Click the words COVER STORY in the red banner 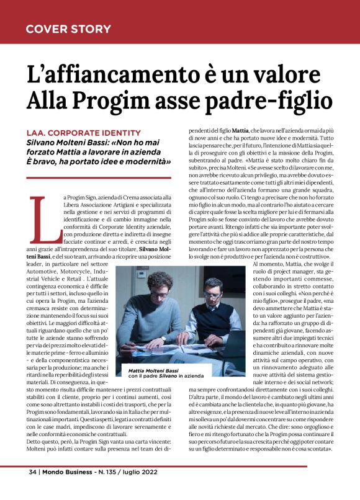[68, 29]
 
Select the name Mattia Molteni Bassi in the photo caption [149, 370]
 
